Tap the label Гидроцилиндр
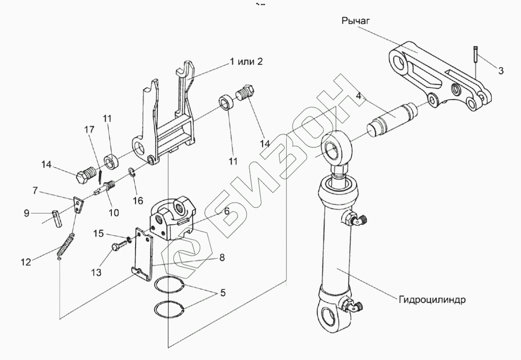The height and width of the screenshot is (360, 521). (432, 300)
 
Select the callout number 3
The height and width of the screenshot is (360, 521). (501, 71)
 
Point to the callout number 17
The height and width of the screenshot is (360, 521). (90, 129)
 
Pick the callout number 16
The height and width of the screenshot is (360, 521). (138, 200)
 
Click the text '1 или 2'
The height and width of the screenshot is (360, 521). (246, 62)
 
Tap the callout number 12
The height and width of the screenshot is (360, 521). (26, 262)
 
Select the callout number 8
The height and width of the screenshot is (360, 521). (221, 257)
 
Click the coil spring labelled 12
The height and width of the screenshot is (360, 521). (65, 246)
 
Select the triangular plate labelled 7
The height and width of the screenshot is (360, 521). (77, 205)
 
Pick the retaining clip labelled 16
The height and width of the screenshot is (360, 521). (132, 173)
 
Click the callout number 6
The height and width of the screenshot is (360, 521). (226, 211)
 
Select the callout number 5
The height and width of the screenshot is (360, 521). (222, 293)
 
